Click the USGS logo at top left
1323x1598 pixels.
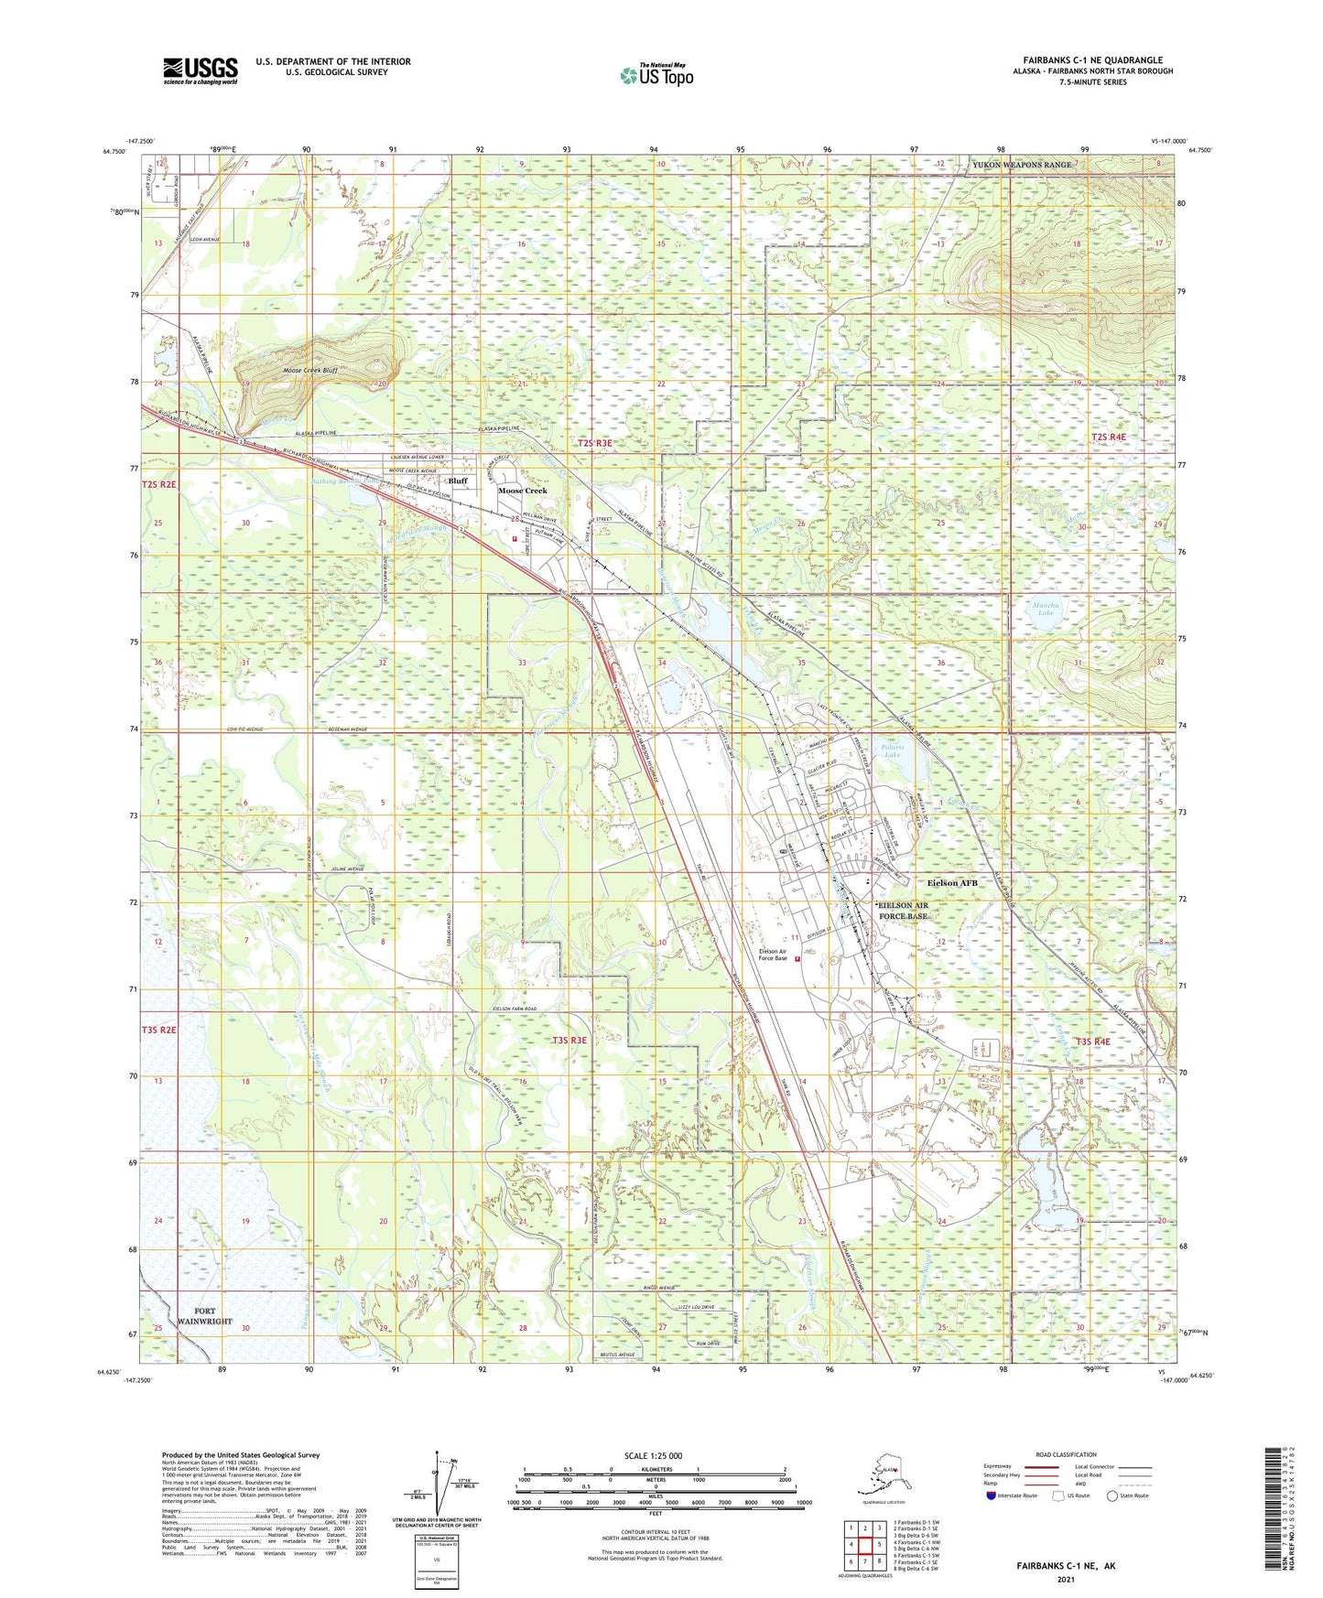201,70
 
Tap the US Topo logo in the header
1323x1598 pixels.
656,74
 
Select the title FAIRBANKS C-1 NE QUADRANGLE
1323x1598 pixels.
1092,60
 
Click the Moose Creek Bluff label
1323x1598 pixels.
310,371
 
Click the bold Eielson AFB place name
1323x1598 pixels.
952,883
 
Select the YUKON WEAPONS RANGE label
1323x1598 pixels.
1021,165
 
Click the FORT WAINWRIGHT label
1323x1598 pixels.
205,1316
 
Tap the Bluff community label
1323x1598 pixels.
458,480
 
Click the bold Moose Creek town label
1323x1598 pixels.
523,491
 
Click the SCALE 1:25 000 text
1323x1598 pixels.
653,1456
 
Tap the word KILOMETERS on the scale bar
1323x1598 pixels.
653,1470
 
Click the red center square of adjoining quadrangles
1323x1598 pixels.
864,1545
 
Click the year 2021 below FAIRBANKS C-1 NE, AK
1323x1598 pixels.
1065,1579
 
